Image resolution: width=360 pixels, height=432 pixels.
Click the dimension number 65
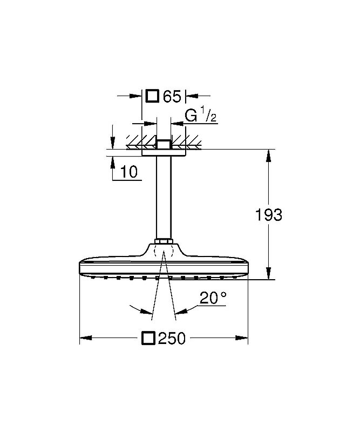tap(172, 97)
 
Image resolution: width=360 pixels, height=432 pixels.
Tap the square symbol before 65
tap(153, 96)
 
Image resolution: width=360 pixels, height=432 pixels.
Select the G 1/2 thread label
tap(201, 116)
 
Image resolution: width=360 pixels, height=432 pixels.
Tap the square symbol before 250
tap(149, 339)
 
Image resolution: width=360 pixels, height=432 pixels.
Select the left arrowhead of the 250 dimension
tap(84, 339)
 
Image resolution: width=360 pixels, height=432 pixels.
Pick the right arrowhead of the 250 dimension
tap(244, 339)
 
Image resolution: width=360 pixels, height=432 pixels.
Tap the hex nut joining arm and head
tap(164, 241)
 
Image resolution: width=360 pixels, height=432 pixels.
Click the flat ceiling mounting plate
tap(164, 153)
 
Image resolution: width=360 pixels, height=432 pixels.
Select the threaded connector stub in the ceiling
tap(164, 144)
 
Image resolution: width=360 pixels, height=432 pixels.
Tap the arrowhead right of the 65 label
tap(189, 97)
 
